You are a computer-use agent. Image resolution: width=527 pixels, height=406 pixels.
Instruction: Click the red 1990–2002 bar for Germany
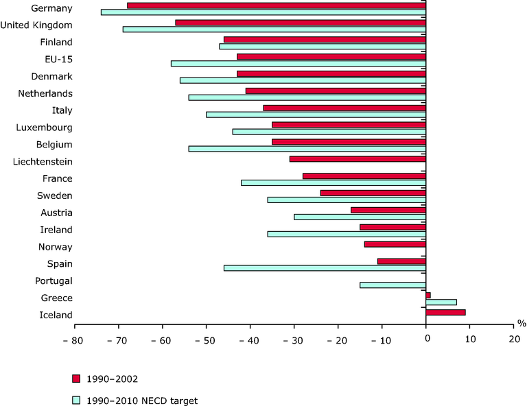click(x=277, y=5)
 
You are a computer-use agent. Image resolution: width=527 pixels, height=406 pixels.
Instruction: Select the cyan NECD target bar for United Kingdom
click(x=274, y=29)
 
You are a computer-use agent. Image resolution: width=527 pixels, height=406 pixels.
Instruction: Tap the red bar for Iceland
click(x=445, y=312)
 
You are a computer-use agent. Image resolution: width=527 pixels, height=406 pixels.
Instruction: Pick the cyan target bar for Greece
click(x=441, y=302)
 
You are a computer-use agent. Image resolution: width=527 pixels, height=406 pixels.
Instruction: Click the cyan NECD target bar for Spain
click(x=325, y=267)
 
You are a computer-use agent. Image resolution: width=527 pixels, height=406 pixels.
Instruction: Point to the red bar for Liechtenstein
click(x=358, y=159)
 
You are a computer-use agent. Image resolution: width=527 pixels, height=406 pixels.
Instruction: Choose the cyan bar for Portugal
click(x=393, y=285)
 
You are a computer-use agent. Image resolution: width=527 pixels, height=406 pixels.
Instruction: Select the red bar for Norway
click(x=395, y=244)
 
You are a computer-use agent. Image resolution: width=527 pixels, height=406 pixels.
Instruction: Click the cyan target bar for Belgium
click(x=307, y=148)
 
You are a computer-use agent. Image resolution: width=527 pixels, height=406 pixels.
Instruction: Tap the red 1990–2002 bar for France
click(x=364, y=176)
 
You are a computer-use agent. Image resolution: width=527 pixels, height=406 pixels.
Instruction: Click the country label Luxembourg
click(x=44, y=128)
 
